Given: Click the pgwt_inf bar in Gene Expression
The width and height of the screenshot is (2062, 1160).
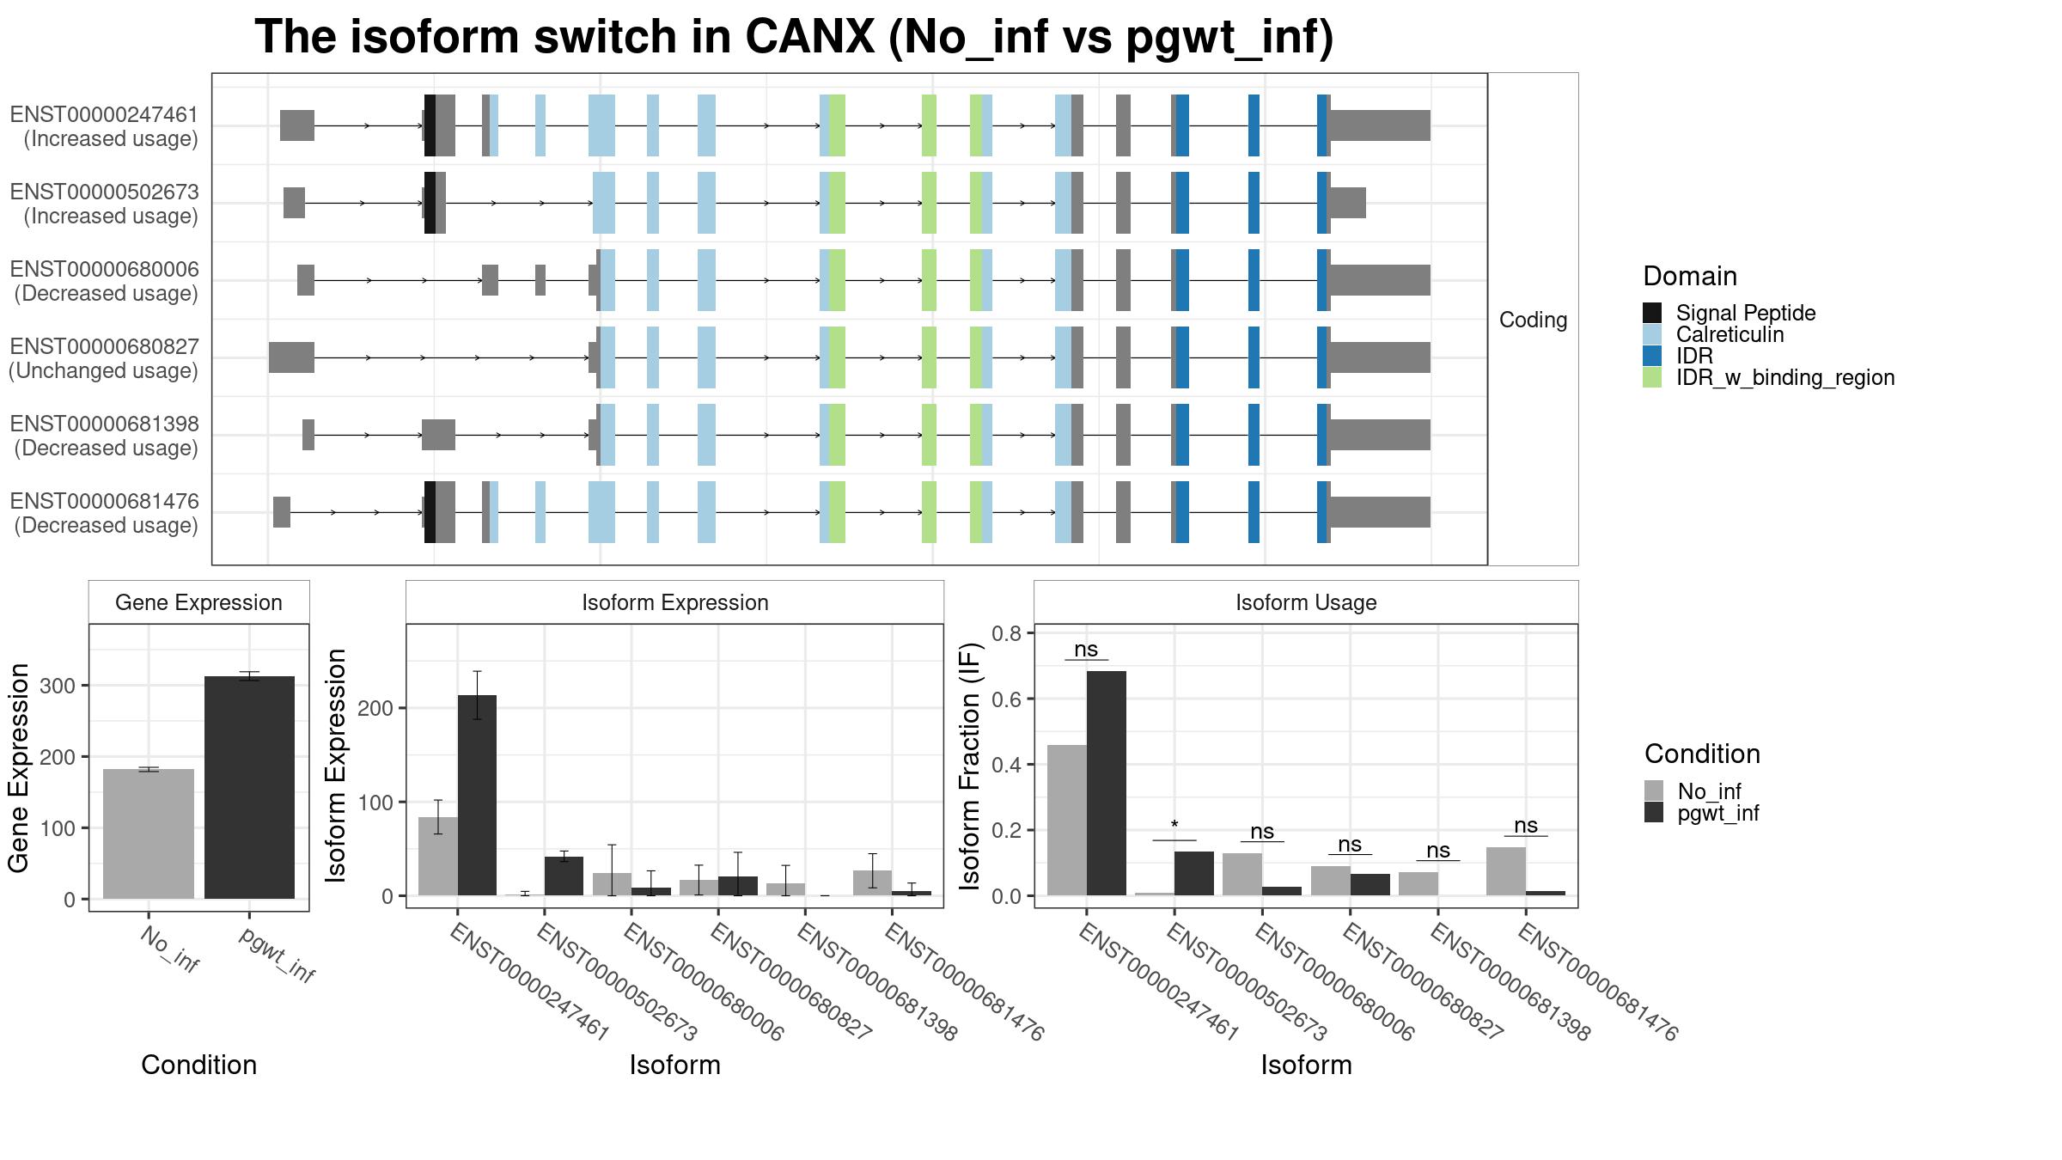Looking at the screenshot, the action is [x=249, y=787].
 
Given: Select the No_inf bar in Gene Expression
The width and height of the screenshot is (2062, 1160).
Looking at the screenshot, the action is [x=149, y=833].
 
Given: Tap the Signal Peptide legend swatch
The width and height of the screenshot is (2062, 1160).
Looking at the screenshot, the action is [x=1652, y=313].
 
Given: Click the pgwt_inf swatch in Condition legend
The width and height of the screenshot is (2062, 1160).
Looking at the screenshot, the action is [x=1654, y=813].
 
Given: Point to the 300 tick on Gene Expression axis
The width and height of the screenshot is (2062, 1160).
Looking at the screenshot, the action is [x=58, y=686].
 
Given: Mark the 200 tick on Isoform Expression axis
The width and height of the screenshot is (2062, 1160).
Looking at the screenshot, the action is [x=375, y=708].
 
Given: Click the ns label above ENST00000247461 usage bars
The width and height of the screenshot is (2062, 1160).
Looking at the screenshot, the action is [x=1086, y=650].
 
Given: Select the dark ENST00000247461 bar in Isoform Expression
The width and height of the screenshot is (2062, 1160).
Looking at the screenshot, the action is [x=477, y=795].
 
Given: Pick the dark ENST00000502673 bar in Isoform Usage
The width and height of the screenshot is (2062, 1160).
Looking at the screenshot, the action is [x=1194, y=873].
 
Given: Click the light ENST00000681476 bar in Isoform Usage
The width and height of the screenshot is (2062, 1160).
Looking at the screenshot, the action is [x=1506, y=871].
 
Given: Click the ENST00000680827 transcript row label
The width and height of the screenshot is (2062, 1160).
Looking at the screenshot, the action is [x=104, y=358].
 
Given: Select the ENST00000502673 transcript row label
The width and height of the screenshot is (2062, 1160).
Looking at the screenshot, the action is [x=104, y=204].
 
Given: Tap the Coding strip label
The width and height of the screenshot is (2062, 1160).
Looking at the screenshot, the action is [x=1534, y=320].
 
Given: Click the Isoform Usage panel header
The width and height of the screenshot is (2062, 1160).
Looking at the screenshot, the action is [x=1306, y=602].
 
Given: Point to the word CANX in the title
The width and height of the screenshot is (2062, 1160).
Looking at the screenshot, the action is [x=810, y=37].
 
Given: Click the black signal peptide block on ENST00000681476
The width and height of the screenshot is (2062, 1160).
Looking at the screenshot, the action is [x=430, y=512].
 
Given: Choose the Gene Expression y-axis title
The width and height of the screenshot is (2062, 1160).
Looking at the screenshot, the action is [x=19, y=767].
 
